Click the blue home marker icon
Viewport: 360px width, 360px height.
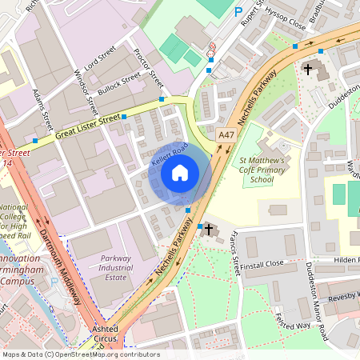point(180,172)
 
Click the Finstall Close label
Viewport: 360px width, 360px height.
point(263,262)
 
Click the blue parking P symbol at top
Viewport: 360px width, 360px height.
point(238,11)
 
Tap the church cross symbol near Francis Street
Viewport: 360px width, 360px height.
point(210,230)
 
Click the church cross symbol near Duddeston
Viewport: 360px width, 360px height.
point(308,70)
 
